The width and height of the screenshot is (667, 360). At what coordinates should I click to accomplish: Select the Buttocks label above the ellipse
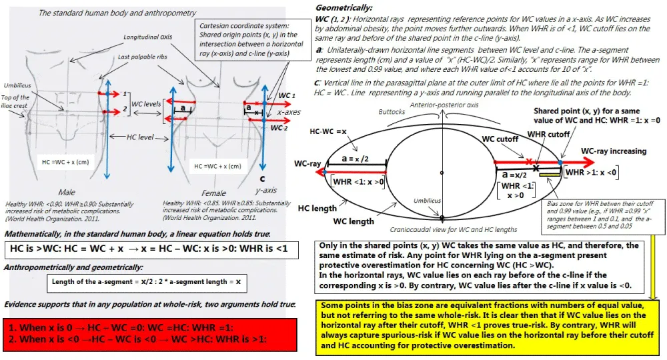click(394, 112)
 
